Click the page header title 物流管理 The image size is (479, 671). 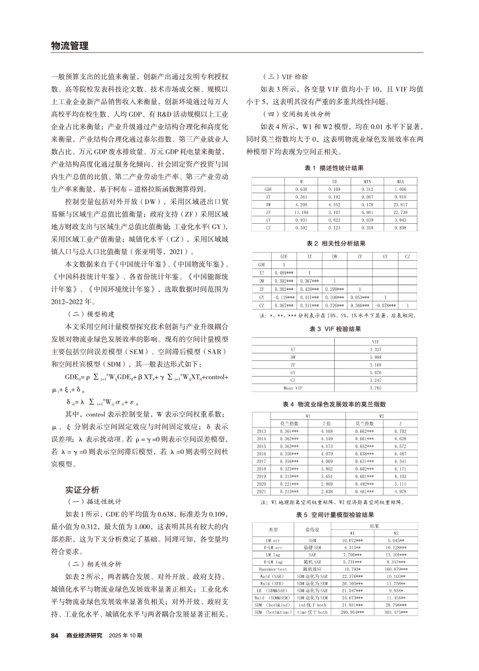click(70, 46)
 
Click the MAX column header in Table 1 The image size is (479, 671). click(399, 182)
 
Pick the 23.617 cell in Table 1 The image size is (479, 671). click(399, 204)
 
